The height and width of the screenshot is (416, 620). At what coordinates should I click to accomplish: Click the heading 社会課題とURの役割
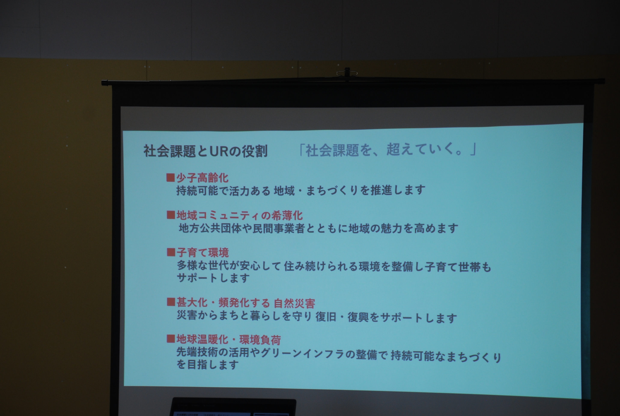click(206, 151)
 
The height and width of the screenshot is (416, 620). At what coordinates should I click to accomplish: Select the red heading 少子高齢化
click(202, 178)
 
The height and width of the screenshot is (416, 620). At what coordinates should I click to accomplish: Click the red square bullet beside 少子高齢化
click(170, 177)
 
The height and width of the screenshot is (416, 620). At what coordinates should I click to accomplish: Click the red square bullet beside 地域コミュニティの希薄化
click(171, 215)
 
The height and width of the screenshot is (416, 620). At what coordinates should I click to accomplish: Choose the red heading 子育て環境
click(203, 252)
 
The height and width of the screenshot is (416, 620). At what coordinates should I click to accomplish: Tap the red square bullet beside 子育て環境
click(171, 252)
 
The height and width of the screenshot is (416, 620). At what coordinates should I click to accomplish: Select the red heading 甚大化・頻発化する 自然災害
click(246, 303)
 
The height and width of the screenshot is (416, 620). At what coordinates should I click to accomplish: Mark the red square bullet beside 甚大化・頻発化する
click(171, 302)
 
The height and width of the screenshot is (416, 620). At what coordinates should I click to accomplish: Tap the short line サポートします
click(213, 278)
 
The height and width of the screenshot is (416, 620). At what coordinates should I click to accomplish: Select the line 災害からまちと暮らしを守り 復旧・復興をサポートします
click(317, 316)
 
